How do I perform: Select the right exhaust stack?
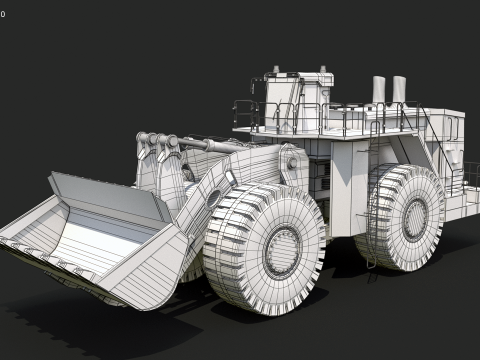pos(399,89)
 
